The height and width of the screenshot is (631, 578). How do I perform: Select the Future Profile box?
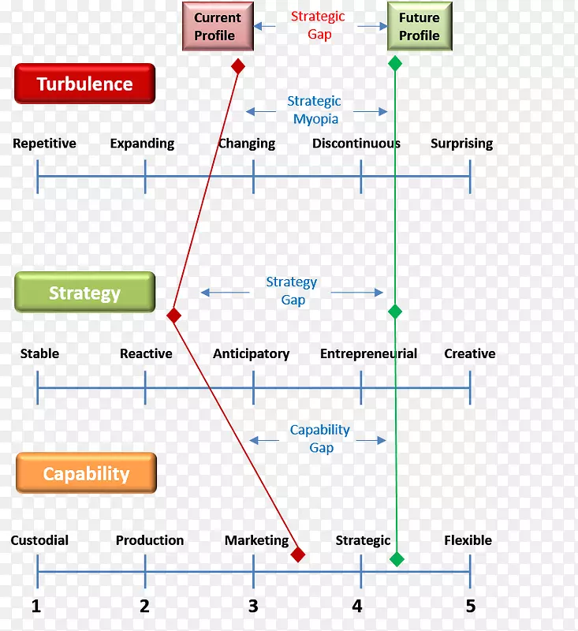click(x=419, y=27)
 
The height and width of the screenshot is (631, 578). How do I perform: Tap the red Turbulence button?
click(x=85, y=84)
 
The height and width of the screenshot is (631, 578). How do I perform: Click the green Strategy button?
click(x=84, y=293)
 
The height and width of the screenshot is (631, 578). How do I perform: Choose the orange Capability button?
click(x=86, y=473)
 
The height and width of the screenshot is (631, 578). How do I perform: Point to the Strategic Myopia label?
click(x=315, y=110)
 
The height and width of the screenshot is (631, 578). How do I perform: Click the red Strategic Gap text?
click(x=318, y=25)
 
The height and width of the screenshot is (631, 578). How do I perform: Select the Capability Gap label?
click(x=320, y=439)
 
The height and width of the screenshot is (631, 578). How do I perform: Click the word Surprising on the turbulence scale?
click(x=461, y=144)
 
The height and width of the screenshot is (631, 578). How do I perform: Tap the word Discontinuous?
click(x=356, y=144)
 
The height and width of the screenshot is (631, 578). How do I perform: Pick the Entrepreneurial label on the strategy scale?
click(x=368, y=353)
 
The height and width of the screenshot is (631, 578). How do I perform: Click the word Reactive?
click(x=146, y=353)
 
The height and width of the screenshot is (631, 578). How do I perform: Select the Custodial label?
click(x=39, y=540)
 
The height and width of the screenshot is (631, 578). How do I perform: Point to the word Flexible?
click(x=468, y=540)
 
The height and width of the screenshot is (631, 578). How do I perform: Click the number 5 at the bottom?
click(x=471, y=606)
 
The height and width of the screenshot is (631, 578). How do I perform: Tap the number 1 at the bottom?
click(x=36, y=606)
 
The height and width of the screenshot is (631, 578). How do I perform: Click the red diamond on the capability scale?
click(x=297, y=554)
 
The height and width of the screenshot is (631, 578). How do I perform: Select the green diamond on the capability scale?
click(x=397, y=559)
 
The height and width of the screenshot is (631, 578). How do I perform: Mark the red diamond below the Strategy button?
click(x=174, y=315)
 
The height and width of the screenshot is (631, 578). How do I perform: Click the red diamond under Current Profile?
click(x=237, y=66)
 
